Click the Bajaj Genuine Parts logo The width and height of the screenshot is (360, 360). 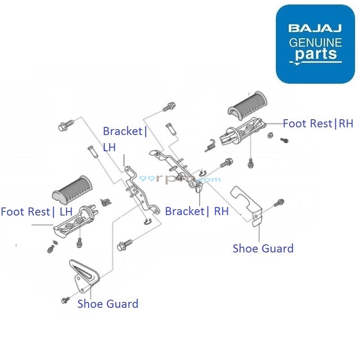[x=315, y=44]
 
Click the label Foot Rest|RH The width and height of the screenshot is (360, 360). [x=318, y=123]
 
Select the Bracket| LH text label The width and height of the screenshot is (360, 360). [x=125, y=139]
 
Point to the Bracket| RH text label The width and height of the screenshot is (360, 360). [x=197, y=211]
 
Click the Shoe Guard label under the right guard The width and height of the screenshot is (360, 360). [x=263, y=248]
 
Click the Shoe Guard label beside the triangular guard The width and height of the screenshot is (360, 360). [x=108, y=304]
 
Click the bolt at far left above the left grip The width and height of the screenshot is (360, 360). [x=65, y=126]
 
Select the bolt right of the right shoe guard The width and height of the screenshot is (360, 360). [x=280, y=203]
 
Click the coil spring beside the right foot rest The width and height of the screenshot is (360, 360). [x=210, y=145]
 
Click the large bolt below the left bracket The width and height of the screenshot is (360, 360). [x=124, y=246]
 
